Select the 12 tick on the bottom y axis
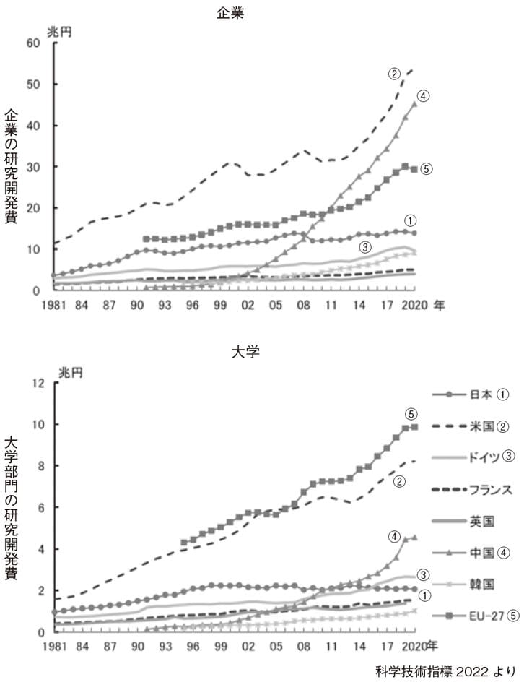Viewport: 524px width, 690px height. [38, 383]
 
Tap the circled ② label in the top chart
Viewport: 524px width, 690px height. [394, 73]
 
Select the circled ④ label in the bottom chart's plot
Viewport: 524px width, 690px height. [394, 537]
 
